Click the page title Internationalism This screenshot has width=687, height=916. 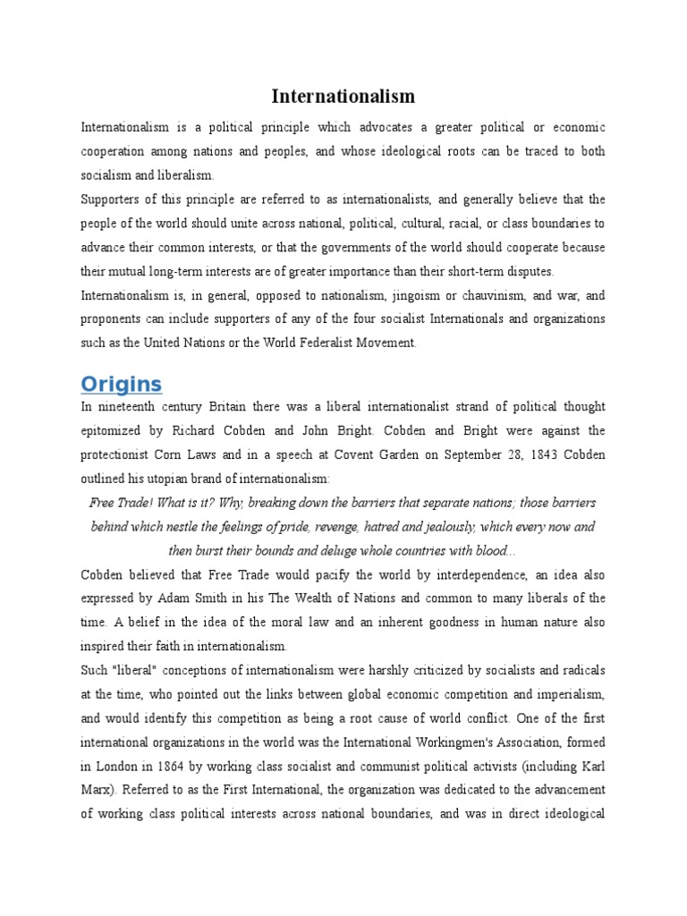click(343, 96)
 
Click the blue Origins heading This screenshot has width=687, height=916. click(122, 385)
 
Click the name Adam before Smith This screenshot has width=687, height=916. click(218, 598)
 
